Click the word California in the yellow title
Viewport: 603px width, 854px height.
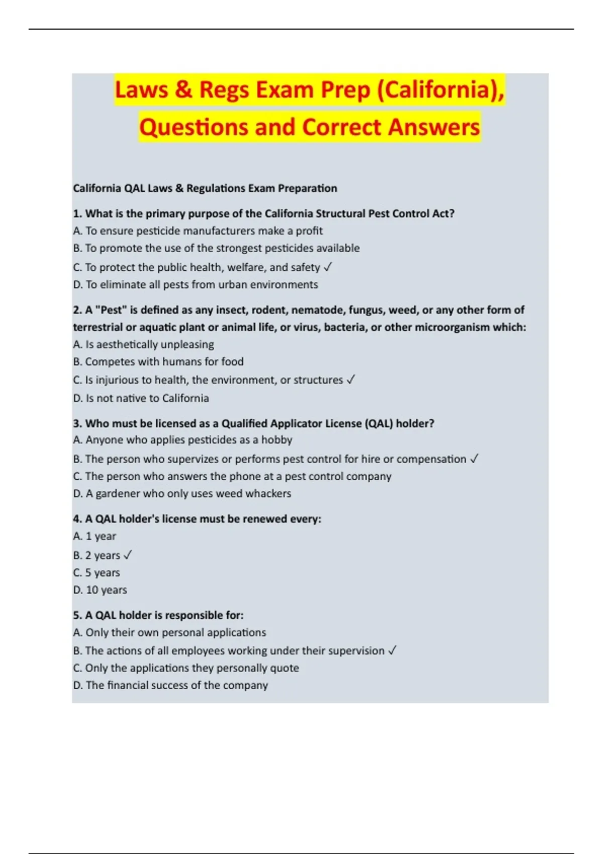439,90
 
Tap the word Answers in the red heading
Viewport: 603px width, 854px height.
434,127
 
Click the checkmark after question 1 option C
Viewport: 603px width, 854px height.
328,267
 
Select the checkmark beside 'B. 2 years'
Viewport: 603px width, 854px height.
128,555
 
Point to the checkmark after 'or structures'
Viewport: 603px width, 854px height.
351,380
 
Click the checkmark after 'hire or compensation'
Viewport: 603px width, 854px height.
474,459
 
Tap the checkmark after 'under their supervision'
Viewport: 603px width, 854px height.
392,651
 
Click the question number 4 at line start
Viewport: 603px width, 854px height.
77,519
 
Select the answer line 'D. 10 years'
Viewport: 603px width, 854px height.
100,590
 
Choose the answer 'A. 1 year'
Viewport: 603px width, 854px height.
94,536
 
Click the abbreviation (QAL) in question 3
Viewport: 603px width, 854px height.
379,423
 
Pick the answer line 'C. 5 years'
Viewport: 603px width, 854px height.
96,573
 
